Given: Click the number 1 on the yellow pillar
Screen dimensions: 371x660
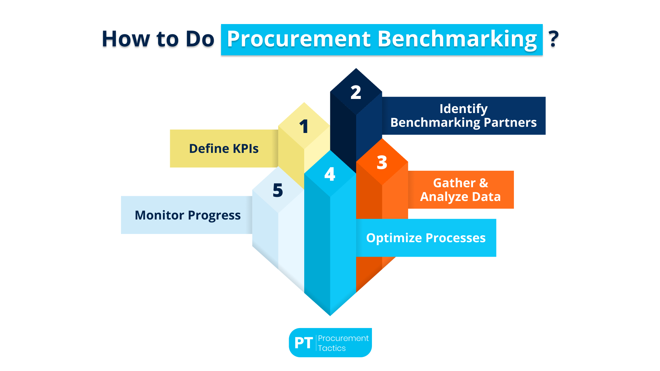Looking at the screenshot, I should point(304,126).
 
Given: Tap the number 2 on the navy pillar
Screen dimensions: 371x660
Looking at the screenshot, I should point(356,92).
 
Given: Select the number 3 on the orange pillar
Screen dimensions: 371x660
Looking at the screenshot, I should point(382,162).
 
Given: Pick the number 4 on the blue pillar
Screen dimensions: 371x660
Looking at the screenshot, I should point(330,174).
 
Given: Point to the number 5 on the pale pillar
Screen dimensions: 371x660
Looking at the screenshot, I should point(278,190).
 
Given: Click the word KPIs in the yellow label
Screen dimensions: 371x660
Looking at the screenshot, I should point(245,149).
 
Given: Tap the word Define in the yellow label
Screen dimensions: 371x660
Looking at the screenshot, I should point(209,149).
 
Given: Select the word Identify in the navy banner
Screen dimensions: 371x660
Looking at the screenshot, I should point(463,109).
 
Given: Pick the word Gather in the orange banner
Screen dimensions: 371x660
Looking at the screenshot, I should point(454,183).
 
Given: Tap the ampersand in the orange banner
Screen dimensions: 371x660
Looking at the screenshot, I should point(484,183).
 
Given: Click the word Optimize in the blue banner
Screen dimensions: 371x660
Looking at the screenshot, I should point(394,238).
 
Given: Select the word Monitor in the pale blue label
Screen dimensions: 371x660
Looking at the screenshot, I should point(159,215).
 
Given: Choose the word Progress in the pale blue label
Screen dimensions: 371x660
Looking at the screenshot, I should point(214,215).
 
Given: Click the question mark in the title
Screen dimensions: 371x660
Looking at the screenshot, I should point(553,39).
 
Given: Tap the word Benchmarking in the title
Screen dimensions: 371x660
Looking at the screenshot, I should point(457,39).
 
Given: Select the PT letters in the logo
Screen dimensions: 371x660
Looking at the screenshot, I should point(304,343).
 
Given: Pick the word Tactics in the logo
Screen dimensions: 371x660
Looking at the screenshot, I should point(332,348).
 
